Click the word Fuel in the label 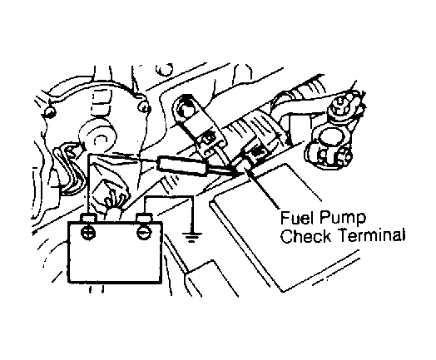[296, 218]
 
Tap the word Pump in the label [343, 219]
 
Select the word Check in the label [306, 236]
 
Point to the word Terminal [370, 236]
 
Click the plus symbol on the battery [89, 232]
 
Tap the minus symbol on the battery [145, 233]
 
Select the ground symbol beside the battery [191, 236]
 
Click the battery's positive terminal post [89, 219]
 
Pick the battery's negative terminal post [144, 219]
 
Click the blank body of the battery [115, 259]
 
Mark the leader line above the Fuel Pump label [261, 189]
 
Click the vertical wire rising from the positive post [88, 185]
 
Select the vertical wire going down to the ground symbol [192, 214]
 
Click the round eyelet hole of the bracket [185, 111]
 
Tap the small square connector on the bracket [209, 139]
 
